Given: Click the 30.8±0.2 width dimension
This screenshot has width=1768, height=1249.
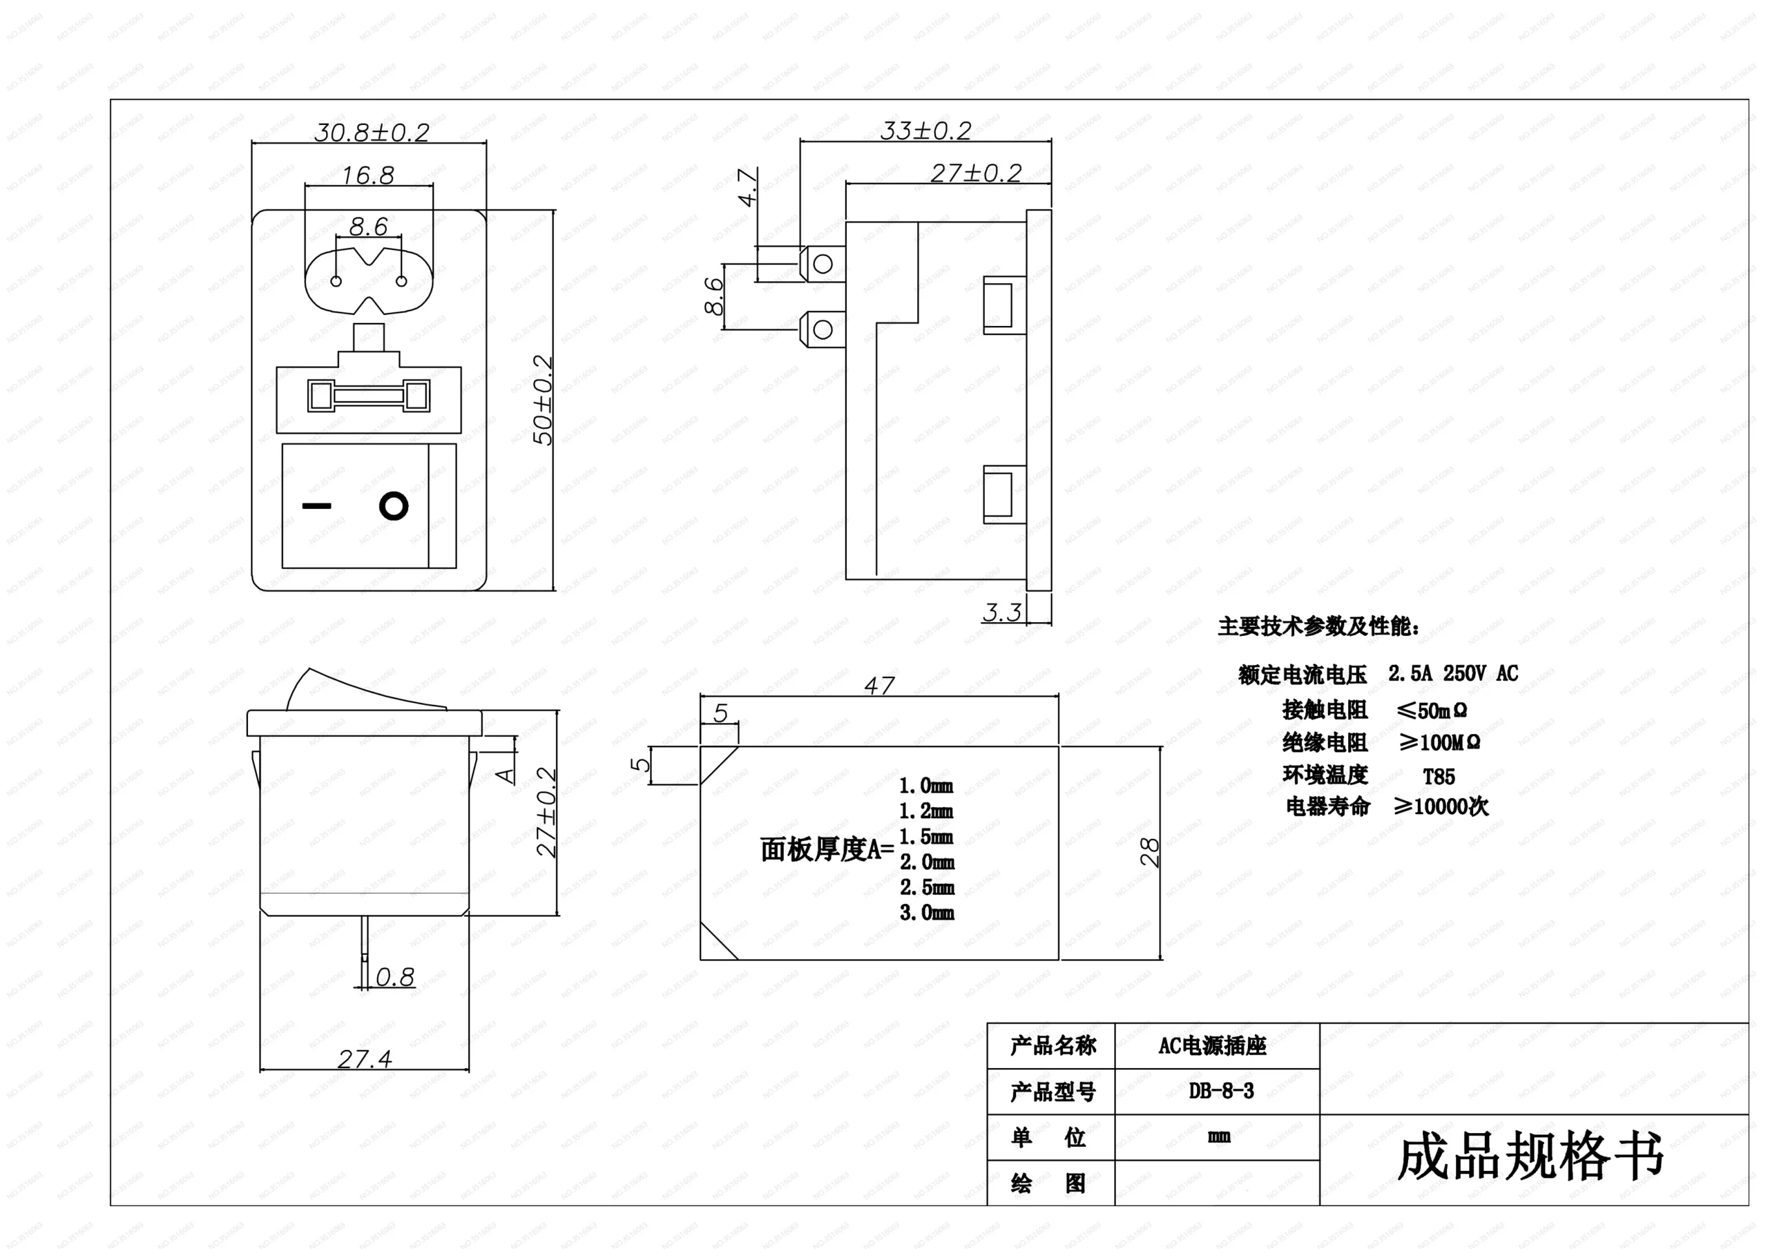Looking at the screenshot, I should pos(371,133).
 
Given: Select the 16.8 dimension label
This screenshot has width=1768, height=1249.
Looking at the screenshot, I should pos(367,175).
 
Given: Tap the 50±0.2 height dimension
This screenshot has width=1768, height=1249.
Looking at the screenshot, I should pos(543,400).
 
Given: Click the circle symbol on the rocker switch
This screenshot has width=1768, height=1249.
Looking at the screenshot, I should pos(394,507).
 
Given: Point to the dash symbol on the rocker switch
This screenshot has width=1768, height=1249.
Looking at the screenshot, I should pos(316,506).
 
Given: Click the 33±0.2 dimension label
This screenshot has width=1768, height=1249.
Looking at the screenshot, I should pos(925,131).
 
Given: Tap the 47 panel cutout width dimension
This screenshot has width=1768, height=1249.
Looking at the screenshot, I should pos(879,684).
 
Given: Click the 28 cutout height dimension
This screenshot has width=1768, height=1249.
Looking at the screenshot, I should pos(1149,853).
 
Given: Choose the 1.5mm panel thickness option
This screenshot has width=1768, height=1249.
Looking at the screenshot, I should pos(926,836).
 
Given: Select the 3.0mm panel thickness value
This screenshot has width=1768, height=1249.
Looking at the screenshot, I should pos(926,913).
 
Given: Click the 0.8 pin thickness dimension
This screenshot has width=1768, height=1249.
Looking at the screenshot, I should pos(395,976).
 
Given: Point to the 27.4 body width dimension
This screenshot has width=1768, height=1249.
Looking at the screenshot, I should pos(364,1059).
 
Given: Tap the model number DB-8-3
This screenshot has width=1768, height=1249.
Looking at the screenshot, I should pos(1220,1090).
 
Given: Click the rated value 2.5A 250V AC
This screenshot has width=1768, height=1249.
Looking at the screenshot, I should pos(1453,673).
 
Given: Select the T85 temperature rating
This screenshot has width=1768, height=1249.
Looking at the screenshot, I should pos(1439,776).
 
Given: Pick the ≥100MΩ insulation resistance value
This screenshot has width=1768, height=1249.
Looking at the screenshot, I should pos(1439,742).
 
